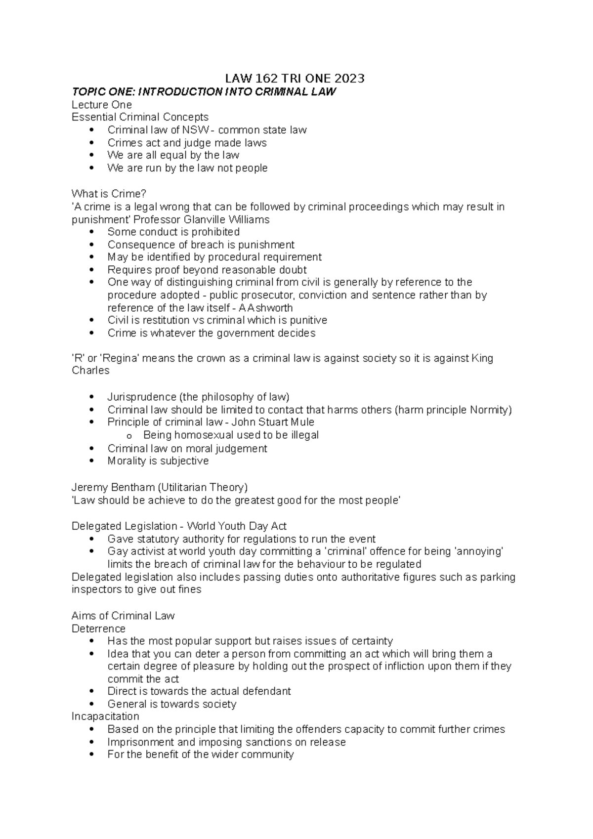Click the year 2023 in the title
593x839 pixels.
point(349,79)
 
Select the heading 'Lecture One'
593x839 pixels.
point(102,105)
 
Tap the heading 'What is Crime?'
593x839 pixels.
point(109,194)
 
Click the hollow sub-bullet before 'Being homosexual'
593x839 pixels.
point(129,436)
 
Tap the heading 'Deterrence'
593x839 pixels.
point(98,629)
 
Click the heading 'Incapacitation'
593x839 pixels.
point(105,716)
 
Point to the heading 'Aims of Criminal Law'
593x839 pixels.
point(123,616)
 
